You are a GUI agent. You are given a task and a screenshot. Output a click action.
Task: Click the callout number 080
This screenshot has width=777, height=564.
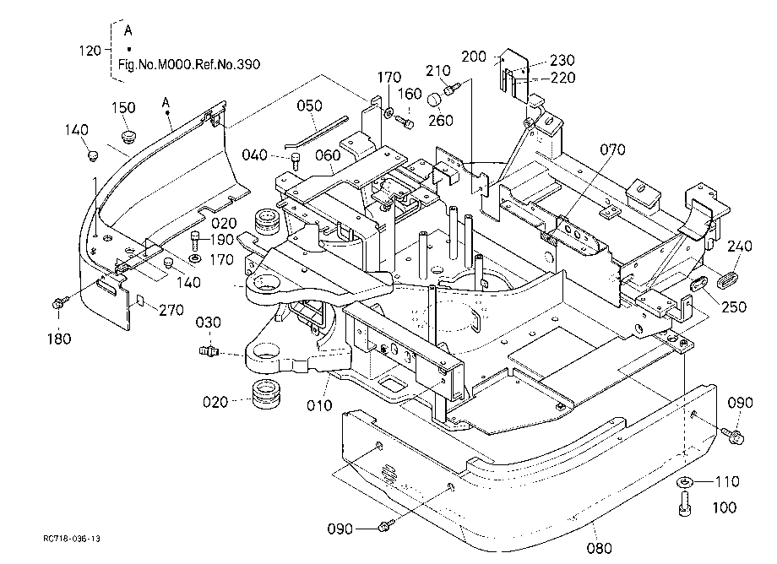point(599,548)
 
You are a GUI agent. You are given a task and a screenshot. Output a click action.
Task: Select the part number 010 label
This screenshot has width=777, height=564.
point(319,405)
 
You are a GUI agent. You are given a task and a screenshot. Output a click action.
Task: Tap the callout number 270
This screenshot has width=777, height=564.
point(171,310)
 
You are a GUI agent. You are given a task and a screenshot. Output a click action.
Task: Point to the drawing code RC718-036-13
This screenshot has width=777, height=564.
point(71,539)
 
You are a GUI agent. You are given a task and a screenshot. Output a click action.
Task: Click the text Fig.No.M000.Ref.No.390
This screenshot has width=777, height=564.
point(189,64)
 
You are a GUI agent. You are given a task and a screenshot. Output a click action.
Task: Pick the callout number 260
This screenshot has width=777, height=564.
point(441,121)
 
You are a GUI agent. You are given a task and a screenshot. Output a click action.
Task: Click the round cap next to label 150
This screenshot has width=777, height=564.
point(129,136)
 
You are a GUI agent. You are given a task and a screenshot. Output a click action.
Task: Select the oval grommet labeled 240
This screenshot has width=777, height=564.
point(726,278)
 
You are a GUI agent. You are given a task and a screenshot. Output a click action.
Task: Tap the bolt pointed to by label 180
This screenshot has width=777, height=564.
point(57,302)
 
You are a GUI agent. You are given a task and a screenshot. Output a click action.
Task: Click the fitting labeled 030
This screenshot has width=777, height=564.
point(209,351)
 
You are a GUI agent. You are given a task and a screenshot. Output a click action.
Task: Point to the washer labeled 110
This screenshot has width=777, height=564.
point(685,482)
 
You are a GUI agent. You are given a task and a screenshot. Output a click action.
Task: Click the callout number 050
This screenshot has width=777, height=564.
point(310,106)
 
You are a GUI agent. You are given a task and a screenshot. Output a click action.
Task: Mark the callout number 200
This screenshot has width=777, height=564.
point(474,57)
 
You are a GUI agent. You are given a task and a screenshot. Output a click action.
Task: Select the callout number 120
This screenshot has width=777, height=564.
point(90,51)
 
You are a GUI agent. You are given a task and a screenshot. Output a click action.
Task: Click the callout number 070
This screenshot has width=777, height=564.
point(612,149)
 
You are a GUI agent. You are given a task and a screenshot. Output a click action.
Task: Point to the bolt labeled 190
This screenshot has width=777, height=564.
point(196,241)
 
